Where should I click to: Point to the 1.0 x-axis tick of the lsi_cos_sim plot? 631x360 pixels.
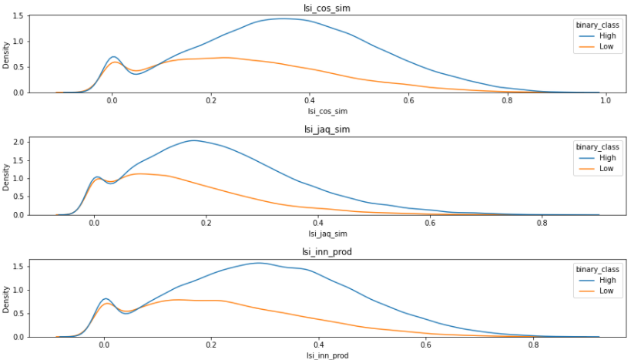coord(605,100)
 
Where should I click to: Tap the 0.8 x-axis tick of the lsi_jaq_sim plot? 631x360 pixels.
coord(542,223)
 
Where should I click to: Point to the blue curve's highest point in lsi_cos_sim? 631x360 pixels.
coord(281,19)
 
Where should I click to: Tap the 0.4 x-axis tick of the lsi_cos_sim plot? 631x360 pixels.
coord(309,100)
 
